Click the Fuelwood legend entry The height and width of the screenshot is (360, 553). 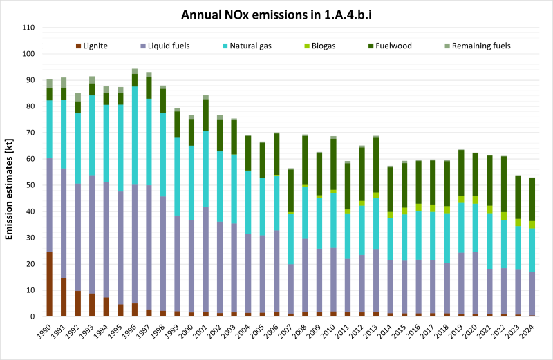(x=394, y=46)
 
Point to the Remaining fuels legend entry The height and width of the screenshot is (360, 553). (x=478, y=46)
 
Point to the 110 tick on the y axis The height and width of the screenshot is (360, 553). (x=28, y=28)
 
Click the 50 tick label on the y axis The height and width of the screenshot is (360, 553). (x=30, y=185)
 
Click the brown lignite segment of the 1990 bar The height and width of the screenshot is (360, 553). (x=49, y=284)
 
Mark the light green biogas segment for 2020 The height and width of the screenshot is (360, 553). (x=475, y=200)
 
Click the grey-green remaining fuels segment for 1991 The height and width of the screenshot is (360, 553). (x=64, y=82)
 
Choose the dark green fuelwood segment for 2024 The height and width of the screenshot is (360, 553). (x=532, y=200)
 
